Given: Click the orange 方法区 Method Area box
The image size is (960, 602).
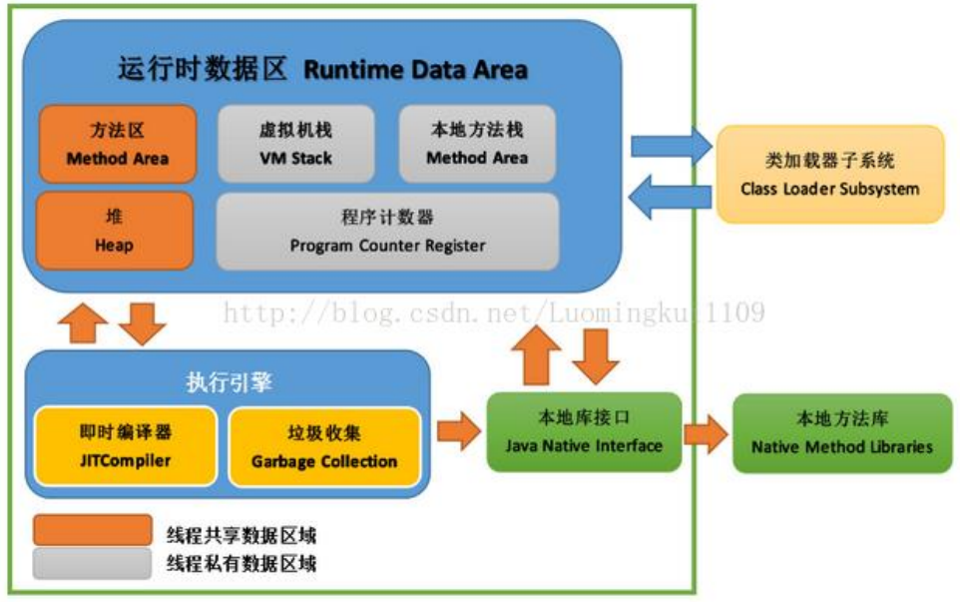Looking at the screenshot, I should click(x=117, y=144).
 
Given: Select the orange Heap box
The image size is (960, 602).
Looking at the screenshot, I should click(x=114, y=230).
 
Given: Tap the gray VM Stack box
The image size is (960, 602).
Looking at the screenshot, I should click(x=295, y=144).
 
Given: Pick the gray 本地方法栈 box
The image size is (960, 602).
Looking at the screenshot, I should click(x=477, y=144).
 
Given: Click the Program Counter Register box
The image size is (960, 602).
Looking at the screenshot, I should click(x=387, y=231).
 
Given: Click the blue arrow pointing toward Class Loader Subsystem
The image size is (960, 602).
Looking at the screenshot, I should click(x=670, y=146).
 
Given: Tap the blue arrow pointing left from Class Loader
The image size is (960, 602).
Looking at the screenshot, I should click(x=670, y=197).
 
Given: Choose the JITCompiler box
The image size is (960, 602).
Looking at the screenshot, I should click(x=126, y=446).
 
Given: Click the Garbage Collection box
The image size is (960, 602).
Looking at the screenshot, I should click(x=323, y=446).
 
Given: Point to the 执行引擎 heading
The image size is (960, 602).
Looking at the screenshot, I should click(x=230, y=382).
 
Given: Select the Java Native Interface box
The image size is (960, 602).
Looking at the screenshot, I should click(x=584, y=431).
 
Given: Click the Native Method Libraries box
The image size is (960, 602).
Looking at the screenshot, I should click(x=842, y=432).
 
